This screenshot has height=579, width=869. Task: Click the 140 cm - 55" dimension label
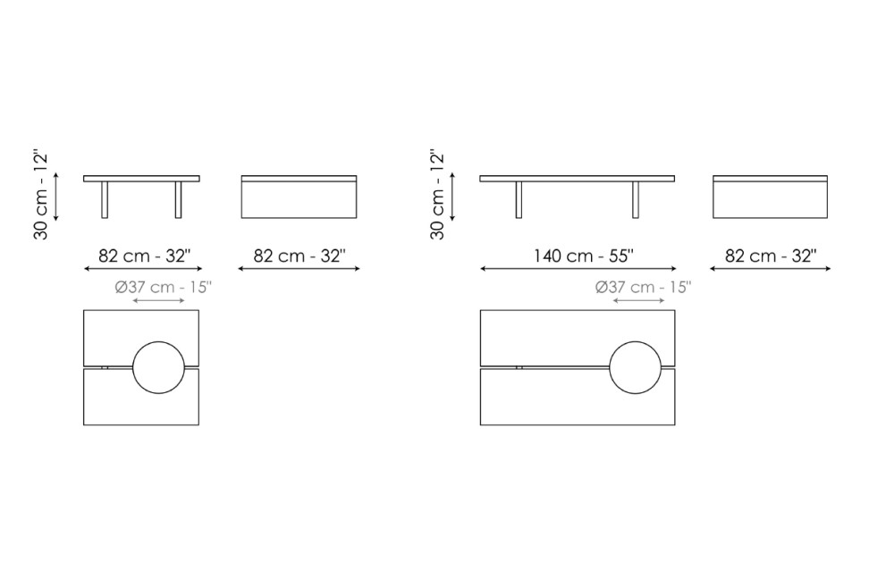pyautogui.click(x=583, y=256)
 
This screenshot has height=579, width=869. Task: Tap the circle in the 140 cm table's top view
pyautogui.click(x=635, y=342)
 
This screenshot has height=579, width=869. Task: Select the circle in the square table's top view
pyautogui.click(x=159, y=342)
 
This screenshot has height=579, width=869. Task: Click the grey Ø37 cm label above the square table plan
pyautogui.click(x=164, y=287)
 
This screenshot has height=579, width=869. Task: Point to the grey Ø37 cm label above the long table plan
pyautogui.click(x=644, y=287)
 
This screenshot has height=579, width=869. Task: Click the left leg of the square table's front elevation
pyautogui.click(x=105, y=199)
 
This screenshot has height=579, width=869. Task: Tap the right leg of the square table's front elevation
pyautogui.click(x=179, y=199)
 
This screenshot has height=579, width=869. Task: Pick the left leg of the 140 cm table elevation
pyautogui.click(x=519, y=199)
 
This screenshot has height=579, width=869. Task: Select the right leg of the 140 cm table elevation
pyautogui.click(x=635, y=199)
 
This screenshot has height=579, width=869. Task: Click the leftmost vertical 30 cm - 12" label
pyautogui.click(x=41, y=195)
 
